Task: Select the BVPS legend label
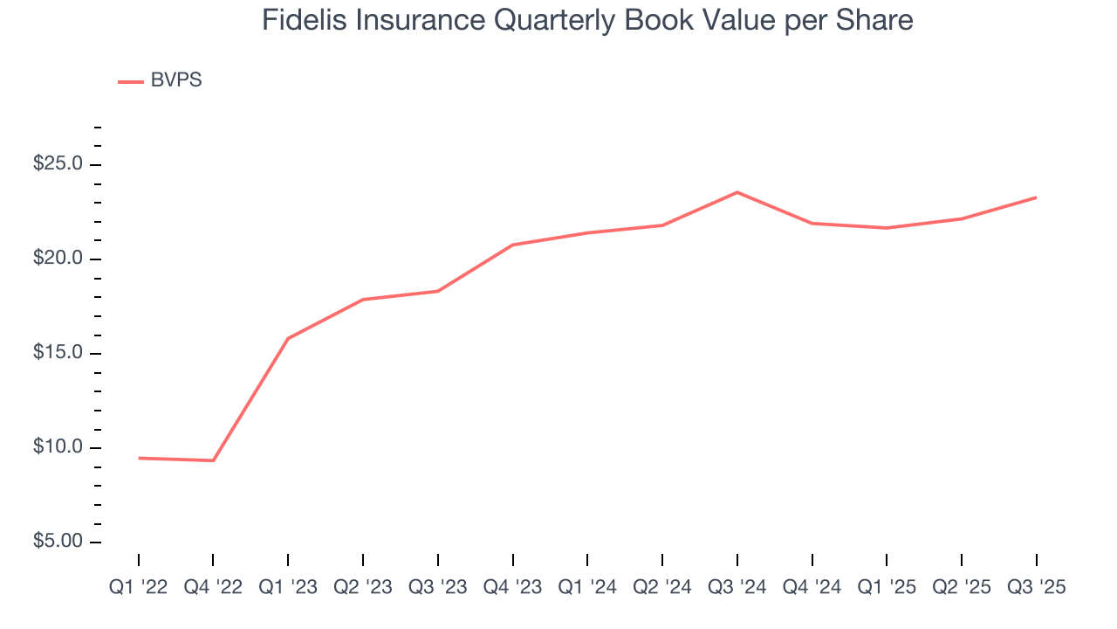coord(176,80)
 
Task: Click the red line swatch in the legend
coord(131,81)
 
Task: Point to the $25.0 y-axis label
coord(58,165)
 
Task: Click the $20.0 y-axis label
coord(58,259)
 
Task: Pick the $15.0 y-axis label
coord(58,354)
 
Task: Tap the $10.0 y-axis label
coord(58,448)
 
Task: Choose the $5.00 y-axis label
coord(58,543)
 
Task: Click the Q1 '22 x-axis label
coord(138,588)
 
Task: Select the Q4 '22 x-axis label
coord(213,588)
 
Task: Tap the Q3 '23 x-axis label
coord(437,588)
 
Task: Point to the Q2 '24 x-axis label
coord(662,588)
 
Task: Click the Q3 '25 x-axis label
coord(1037,588)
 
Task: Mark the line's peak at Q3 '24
coord(737,192)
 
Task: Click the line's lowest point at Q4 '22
coord(213,460)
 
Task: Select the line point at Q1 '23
coord(288,338)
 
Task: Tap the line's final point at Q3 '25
coord(1037,197)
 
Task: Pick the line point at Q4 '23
coord(512,245)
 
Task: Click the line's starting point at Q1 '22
coord(138,458)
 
